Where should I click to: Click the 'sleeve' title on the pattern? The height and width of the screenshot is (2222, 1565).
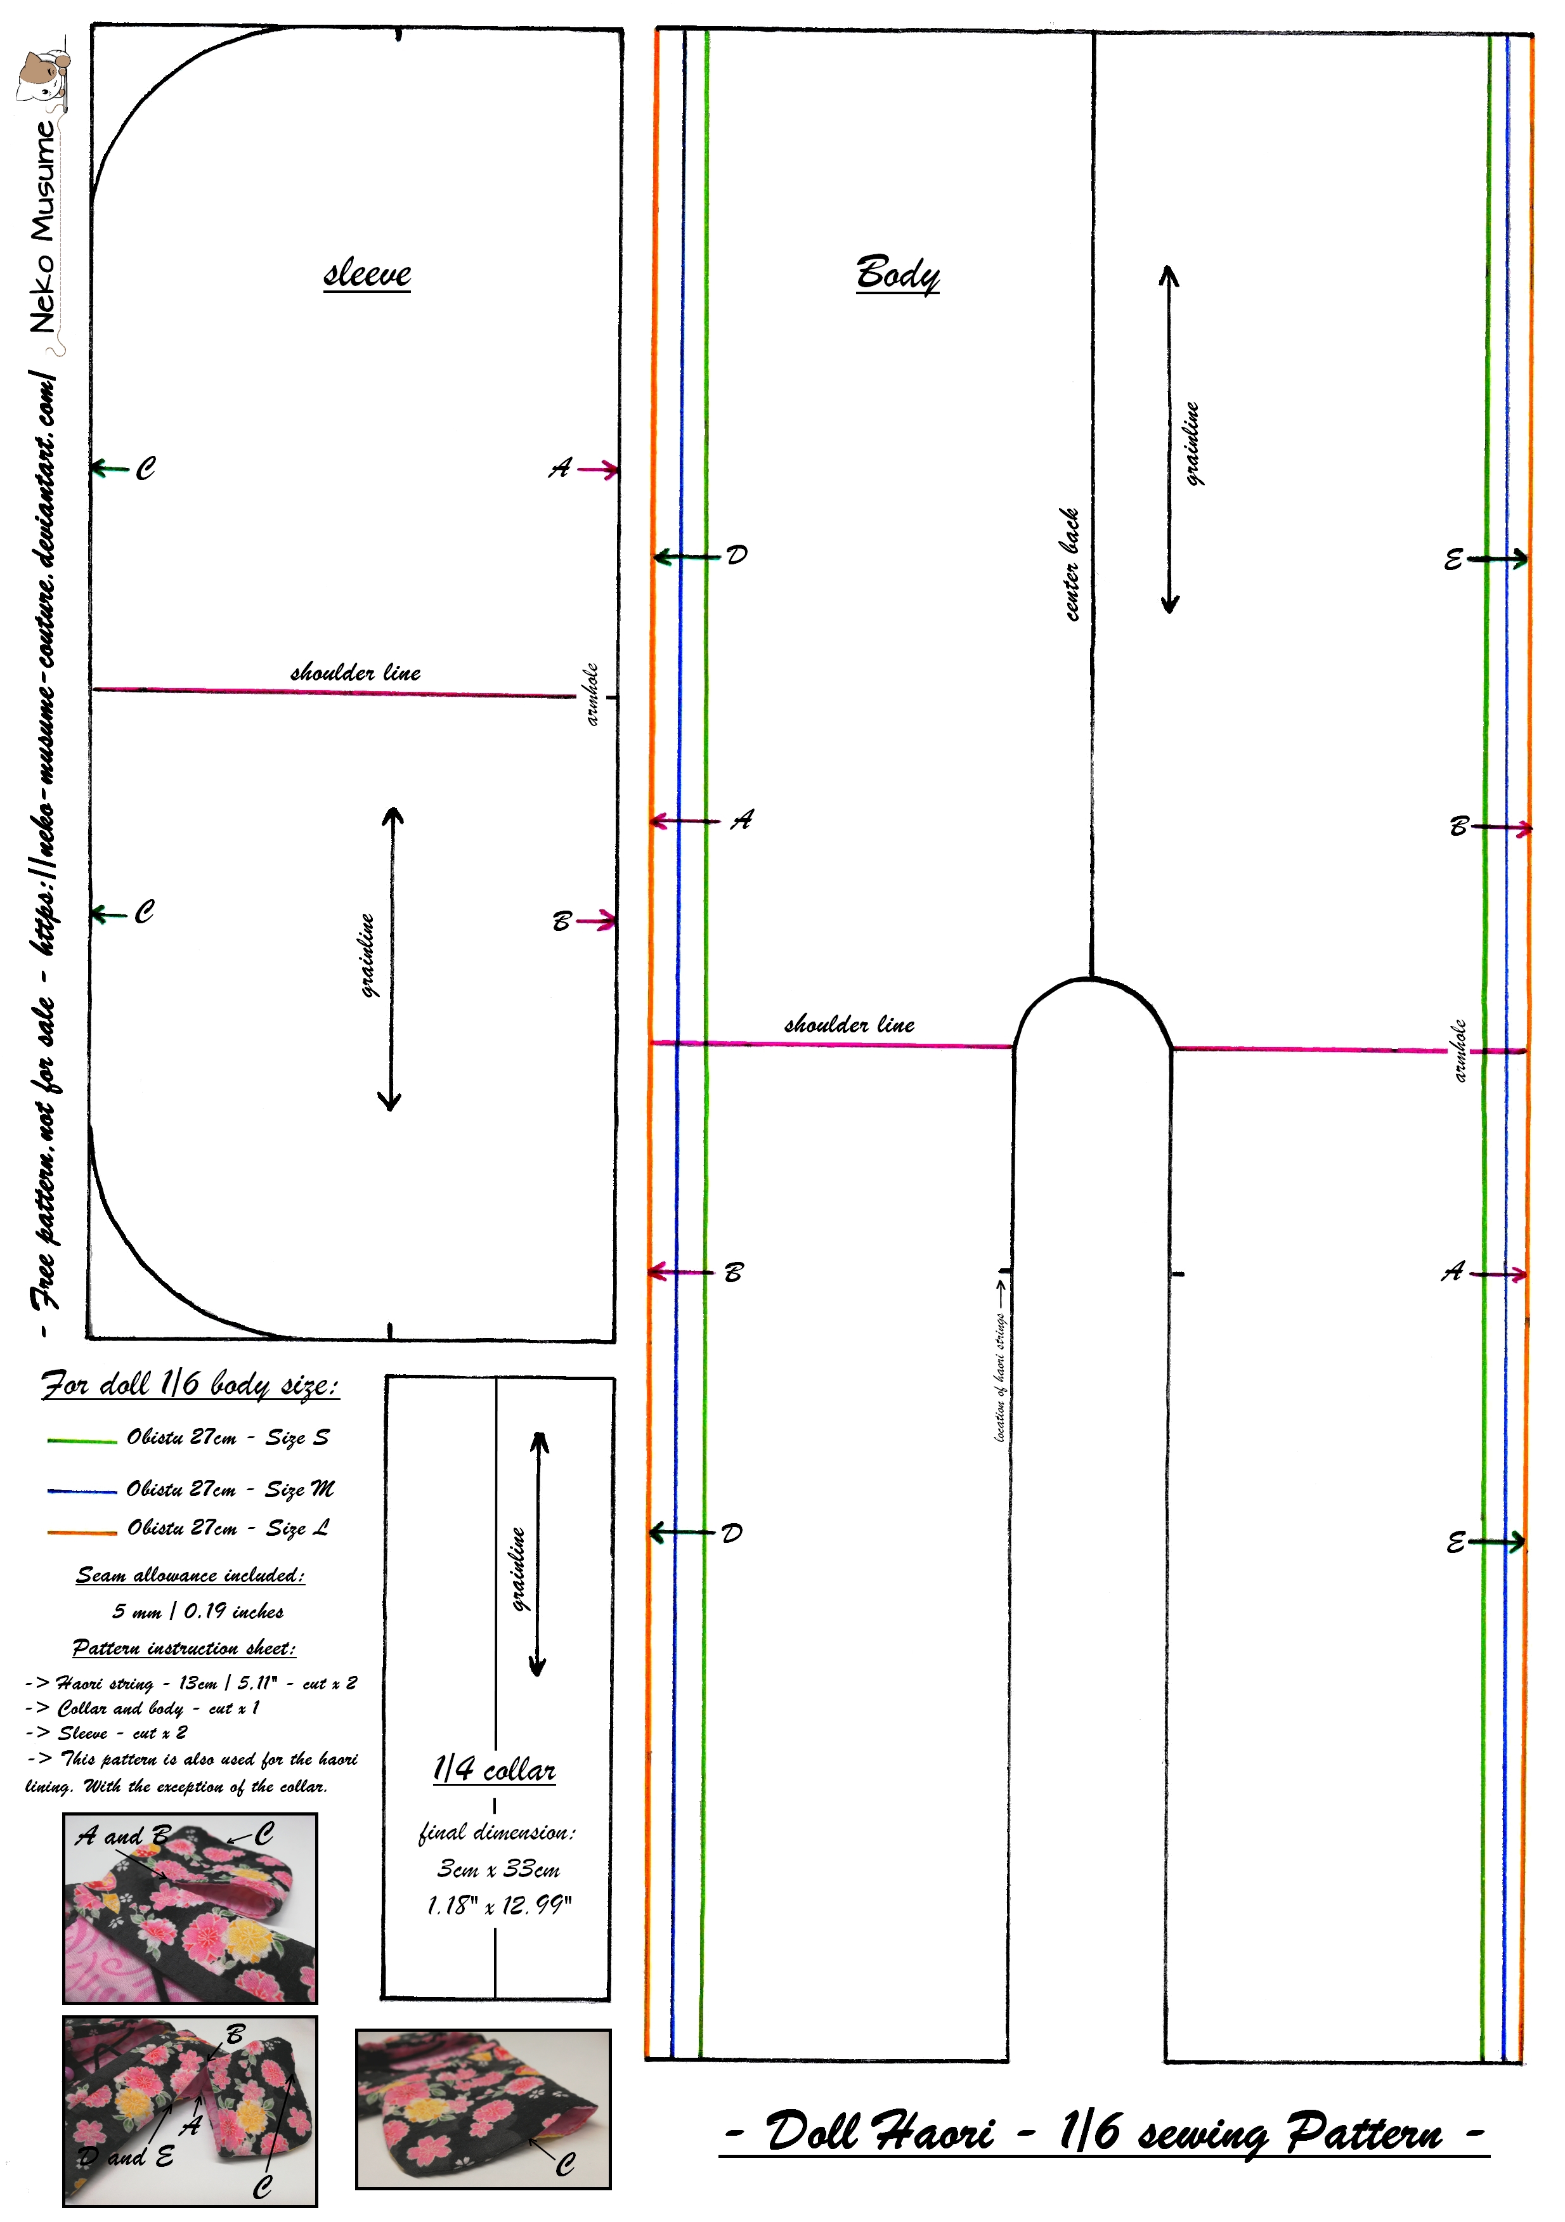(x=367, y=274)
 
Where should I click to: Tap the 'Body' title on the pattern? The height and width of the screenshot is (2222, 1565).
(x=897, y=274)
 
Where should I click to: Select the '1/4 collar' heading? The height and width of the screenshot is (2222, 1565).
(x=495, y=1770)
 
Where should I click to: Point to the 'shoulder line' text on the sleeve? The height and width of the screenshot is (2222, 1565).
(x=355, y=673)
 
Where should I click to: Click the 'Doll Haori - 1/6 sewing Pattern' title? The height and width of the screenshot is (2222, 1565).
(x=1103, y=2132)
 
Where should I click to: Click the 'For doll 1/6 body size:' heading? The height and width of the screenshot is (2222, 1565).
(x=190, y=1385)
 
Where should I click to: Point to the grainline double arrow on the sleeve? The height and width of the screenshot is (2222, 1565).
(x=391, y=959)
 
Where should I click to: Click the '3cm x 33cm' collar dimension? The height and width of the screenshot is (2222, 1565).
(x=498, y=1869)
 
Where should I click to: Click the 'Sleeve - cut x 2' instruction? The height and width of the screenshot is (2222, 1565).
(x=121, y=1733)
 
